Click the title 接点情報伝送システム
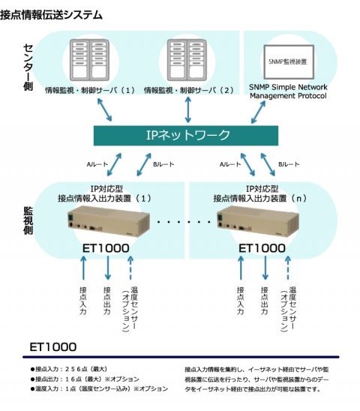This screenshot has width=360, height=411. click(x=52, y=15)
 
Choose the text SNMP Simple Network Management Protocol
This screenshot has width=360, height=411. click(x=291, y=91)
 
